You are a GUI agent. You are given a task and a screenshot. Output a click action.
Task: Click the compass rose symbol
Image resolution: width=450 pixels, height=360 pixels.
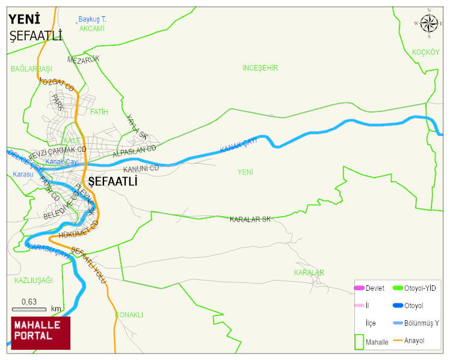point(429,23)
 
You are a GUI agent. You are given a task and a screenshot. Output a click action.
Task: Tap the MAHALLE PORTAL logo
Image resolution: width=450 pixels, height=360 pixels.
point(41,333)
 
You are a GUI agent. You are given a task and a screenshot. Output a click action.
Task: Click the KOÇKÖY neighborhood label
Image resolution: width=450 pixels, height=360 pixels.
point(426,52)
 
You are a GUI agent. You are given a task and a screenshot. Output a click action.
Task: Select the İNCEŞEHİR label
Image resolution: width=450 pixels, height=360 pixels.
point(260,68)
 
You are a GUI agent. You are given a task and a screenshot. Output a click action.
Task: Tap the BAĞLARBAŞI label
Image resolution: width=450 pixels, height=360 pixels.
point(31,69)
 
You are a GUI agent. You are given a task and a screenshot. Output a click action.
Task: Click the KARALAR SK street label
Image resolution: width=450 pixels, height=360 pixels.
point(250,220)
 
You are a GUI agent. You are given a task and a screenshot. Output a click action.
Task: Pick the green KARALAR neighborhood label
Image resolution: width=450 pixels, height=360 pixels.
point(309,273)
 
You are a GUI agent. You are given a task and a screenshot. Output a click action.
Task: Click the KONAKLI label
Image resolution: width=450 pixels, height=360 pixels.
point(129,315)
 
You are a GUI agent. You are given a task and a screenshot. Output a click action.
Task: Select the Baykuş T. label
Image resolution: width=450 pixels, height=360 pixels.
point(92,19)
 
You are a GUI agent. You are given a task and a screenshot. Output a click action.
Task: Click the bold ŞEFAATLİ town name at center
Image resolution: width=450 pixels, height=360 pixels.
point(113,181)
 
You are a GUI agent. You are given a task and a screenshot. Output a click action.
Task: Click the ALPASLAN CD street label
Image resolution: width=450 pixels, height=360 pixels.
point(134,152)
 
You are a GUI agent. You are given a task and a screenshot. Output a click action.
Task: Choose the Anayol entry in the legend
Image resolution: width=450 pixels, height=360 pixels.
point(414,341)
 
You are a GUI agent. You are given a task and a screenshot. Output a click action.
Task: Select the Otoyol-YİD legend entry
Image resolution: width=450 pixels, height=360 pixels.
point(419,288)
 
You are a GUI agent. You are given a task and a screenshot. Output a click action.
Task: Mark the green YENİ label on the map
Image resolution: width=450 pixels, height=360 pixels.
point(245,172)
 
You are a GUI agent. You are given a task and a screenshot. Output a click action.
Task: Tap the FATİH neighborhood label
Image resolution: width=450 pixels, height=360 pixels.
point(99,111)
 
